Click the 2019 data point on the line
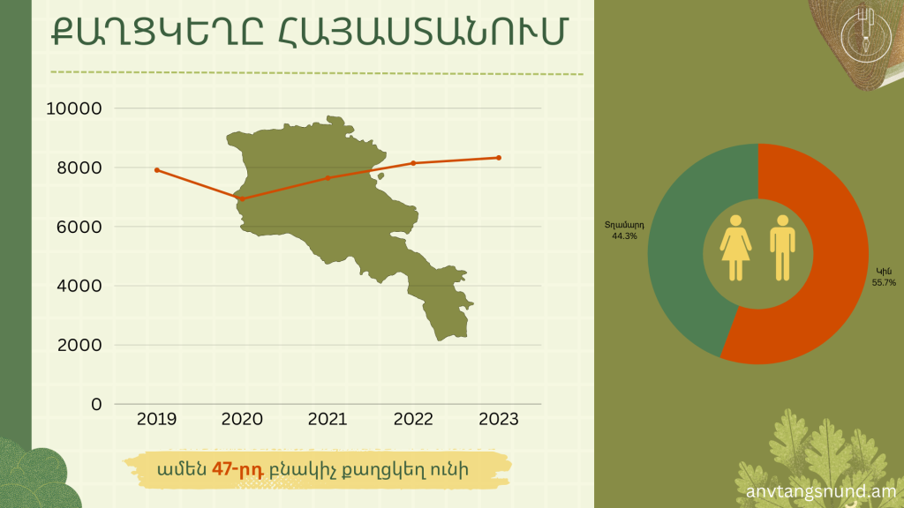coord(157,170)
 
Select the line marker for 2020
coord(242,198)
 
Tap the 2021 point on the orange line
coord(328,178)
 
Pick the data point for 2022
coord(413,163)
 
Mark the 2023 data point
coord(499,158)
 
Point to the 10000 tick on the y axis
coord(74,108)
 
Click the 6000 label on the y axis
coord(79,227)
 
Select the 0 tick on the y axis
coord(96,404)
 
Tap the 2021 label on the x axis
coord(328,419)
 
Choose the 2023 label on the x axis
coord(499,419)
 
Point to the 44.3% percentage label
coord(624,236)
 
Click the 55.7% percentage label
coord(884,283)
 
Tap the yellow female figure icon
coord(735,248)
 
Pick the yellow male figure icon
coord(782,248)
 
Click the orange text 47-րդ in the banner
coord(237,470)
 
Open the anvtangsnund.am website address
coord(821,492)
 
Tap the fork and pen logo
coord(865,34)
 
